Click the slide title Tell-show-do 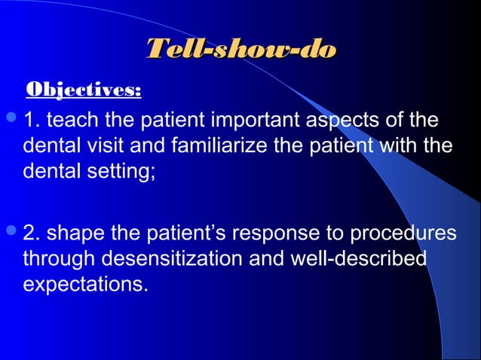click(x=240, y=50)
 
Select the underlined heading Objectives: click(x=84, y=91)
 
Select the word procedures click(x=406, y=233)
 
